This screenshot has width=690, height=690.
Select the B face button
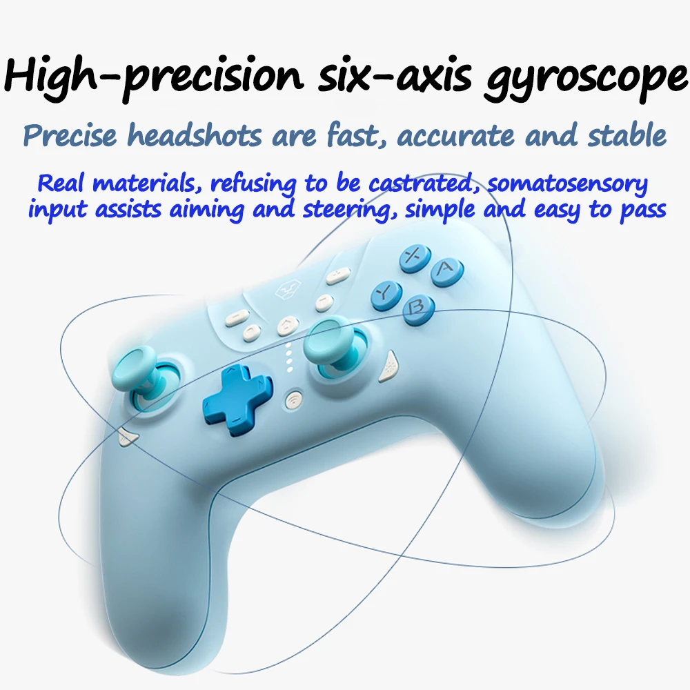click(418, 310)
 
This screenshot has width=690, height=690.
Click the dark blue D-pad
click(237, 400)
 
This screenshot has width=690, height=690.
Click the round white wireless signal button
click(294, 399)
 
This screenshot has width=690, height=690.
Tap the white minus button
click(237, 316)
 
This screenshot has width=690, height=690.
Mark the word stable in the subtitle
click(627, 135)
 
